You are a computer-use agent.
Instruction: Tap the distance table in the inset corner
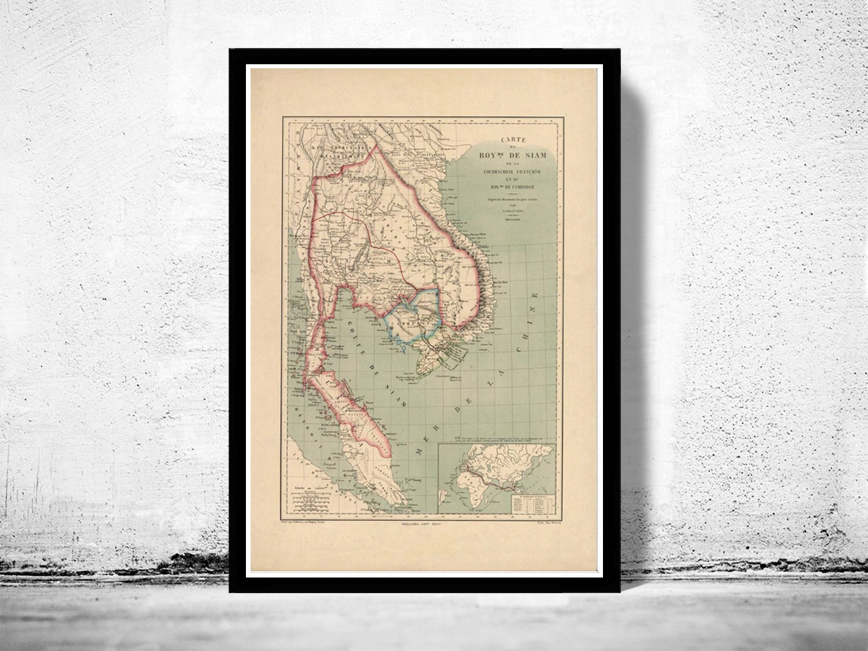click(x=529, y=503)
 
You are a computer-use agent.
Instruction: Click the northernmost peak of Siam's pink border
click(x=377, y=145)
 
